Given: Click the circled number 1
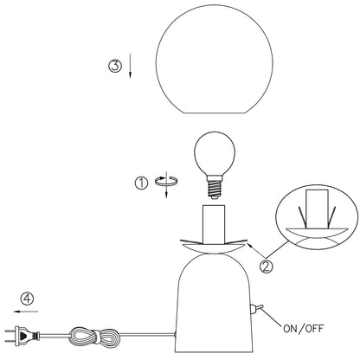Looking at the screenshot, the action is (x=141, y=183).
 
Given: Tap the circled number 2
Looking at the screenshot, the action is (x=266, y=267).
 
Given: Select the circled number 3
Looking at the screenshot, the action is (x=115, y=66).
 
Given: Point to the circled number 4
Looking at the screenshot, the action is (x=27, y=299).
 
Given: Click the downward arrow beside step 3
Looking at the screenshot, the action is (x=130, y=66).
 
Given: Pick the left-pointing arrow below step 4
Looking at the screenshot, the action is (x=26, y=312).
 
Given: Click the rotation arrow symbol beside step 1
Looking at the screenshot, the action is (x=166, y=184).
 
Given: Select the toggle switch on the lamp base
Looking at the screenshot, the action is (x=256, y=309).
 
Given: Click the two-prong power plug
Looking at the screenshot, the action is (x=22, y=336).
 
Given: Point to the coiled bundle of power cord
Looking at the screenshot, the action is (x=94, y=336).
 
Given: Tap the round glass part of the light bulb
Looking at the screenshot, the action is (x=215, y=153).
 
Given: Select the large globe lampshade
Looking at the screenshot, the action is (x=215, y=59).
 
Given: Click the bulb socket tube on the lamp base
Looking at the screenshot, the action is (x=214, y=224).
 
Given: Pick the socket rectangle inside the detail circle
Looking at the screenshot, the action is (x=317, y=209).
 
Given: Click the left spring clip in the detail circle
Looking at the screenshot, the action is (x=303, y=217).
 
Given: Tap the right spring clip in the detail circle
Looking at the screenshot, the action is (x=331, y=217).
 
